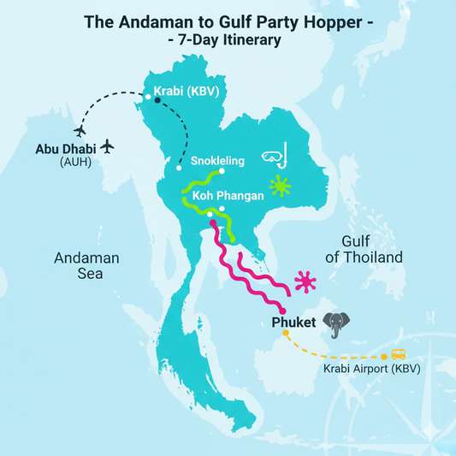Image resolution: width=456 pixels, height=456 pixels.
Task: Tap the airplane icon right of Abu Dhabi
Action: coord(107,147)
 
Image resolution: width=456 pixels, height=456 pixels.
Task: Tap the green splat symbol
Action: coord(278,186)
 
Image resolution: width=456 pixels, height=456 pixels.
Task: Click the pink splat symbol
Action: coord(305,281)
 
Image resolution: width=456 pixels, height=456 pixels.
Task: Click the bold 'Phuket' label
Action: coord(294,323)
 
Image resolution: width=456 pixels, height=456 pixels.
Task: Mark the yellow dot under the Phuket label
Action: coord(286,334)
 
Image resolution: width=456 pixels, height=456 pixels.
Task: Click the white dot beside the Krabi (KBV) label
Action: coord(149,98)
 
